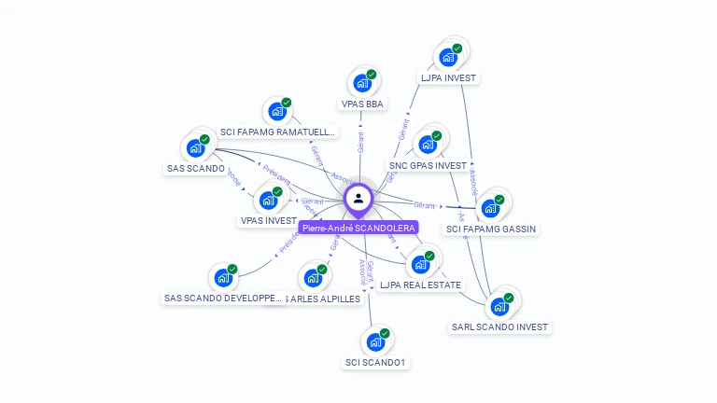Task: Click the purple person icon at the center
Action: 358,198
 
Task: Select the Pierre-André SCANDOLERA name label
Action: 359,227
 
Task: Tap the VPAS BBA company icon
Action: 361,82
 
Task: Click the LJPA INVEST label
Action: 449,78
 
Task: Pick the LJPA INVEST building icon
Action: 448,57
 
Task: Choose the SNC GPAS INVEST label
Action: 428,165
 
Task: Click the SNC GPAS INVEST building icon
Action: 428,144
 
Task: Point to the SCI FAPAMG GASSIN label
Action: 492,229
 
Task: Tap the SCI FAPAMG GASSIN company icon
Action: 490,207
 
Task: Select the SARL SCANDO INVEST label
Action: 500,327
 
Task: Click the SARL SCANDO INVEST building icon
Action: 500,306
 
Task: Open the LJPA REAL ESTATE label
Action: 421,285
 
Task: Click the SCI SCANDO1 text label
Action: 375,362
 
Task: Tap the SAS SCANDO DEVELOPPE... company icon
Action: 223,277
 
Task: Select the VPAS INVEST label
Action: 269,221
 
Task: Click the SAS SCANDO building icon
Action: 196,146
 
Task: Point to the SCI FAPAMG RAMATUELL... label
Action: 277,132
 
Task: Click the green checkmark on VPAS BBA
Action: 372,74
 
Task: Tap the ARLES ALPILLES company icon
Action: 313,277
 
